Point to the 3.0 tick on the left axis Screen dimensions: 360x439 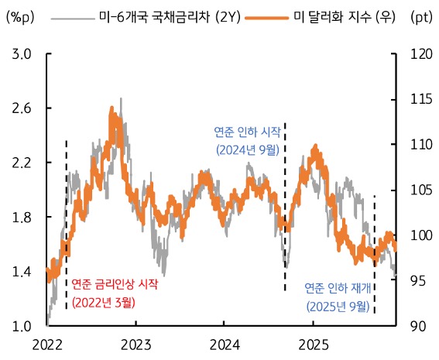pyautogui.click(x=22, y=54)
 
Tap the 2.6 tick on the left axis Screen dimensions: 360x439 pyautogui.click(x=22, y=108)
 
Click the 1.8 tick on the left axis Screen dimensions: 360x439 pyautogui.click(x=22, y=218)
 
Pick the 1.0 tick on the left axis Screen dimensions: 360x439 pyautogui.click(x=22, y=326)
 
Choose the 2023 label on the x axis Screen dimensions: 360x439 pyautogui.click(x=135, y=343)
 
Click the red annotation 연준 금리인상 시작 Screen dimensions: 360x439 pyautogui.click(x=115, y=285)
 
